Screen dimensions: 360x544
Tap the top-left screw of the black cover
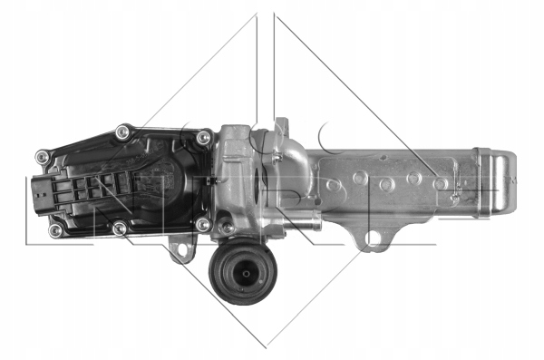pos(42,157)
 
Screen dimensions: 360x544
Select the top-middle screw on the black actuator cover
pos(122,134)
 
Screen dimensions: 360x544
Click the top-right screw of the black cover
pos(203,138)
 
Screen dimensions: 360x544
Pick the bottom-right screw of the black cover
pos(203,223)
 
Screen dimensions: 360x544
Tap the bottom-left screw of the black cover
pos(55,230)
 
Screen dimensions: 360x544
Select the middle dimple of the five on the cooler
pos(387,184)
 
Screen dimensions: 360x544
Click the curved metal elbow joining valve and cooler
pos(281,168)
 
